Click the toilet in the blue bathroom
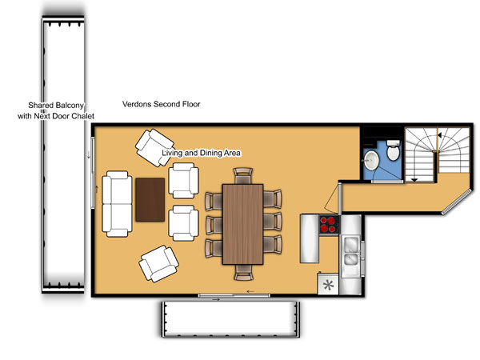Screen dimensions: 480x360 coord(394,150)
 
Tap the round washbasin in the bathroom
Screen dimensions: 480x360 coord(372,160)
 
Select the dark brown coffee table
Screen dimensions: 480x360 coord(150,199)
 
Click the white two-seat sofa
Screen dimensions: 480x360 coord(118,204)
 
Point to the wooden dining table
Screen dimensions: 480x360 coord(242,224)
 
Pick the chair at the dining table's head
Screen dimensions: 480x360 coord(243,176)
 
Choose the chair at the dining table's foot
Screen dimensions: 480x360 coord(244,273)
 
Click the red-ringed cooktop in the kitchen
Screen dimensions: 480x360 coord(329,224)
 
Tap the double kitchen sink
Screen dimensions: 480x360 coord(351,250)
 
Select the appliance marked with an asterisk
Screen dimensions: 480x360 coord(328,284)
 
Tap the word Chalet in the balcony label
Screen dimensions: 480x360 coord(83,116)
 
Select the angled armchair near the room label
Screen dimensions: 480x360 coord(154,147)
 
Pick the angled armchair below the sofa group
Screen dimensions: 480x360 coord(158,263)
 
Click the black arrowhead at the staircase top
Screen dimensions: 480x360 coord(439,135)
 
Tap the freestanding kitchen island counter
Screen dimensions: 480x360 coord(310,238)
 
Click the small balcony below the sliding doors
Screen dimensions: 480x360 coord(230,319)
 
